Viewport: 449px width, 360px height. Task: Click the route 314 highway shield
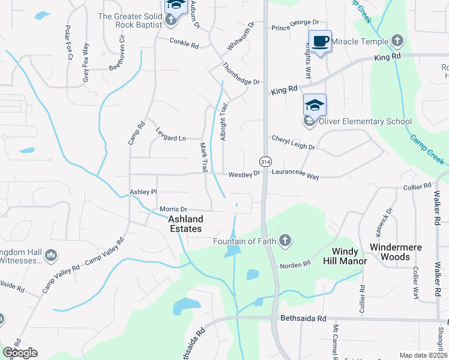pyautogui.click(x=265, y=161)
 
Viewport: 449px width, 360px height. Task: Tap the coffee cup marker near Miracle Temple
pyautogui.click(x=319, y=41)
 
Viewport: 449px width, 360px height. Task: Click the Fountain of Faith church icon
pyautogui.click(x=285, y=241)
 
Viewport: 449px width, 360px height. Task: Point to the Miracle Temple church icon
pyautogui.click(x=396, y=41)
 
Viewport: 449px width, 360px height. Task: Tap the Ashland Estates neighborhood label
pyautogui.click(x=185, y=224)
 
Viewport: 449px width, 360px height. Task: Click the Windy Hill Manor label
pyautogui.click(x=337, y=257)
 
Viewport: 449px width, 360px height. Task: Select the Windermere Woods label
pyautogui.click(x=396, y=252)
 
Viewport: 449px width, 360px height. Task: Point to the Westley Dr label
pyautogui.click(x=244, y=174)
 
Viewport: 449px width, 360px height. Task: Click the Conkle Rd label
pyautogui.click(x=184, y=43)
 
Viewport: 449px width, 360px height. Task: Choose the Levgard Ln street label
pyautogui.click(x=171, y=137)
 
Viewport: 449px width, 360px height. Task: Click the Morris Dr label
pyautogui.click(x=173, y=209)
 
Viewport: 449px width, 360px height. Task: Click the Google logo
pyautogui.click(x=20, y=353)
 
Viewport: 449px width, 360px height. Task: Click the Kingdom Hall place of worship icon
pyautogui.click(x=50, y=256)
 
